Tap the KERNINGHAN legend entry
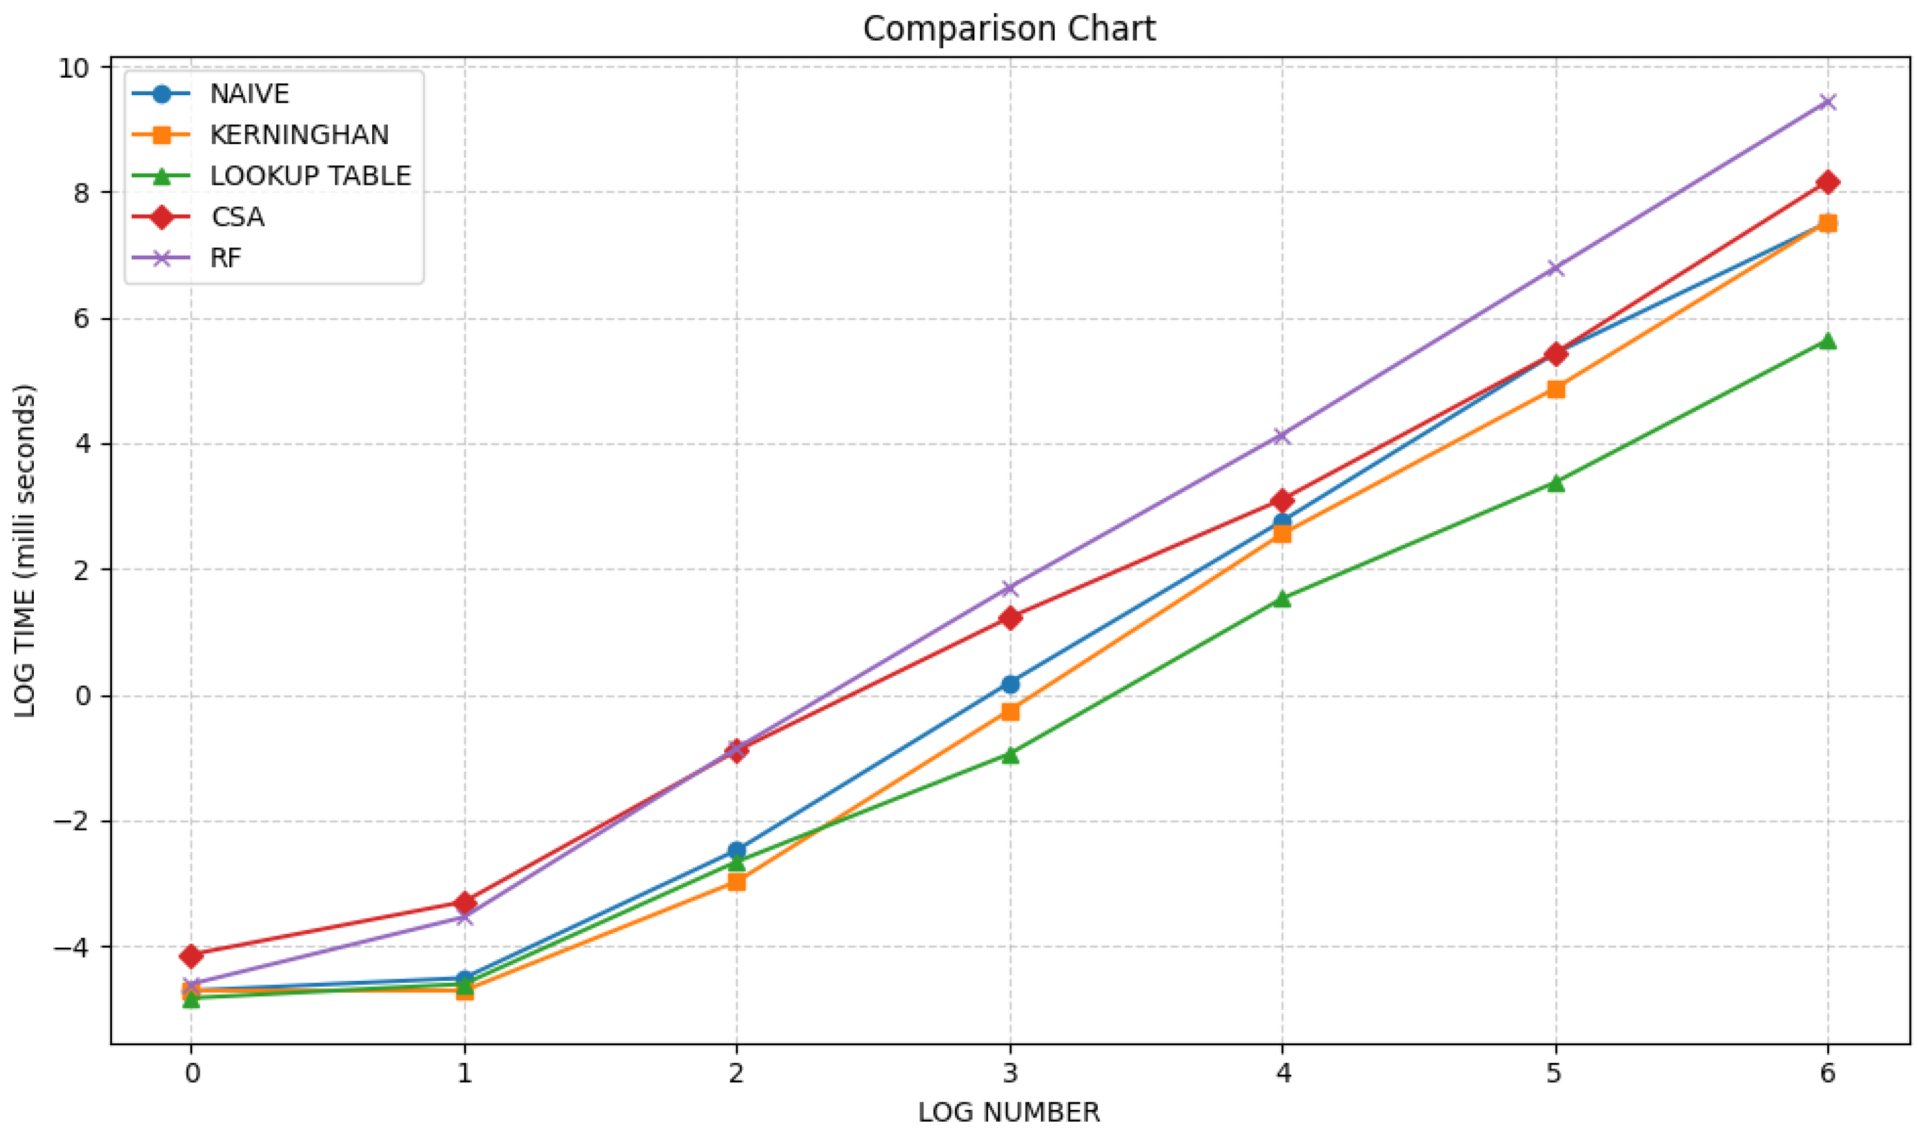click(x=300, y=135)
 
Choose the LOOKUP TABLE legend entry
click(x=310, y=177)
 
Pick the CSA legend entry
click(x=237, y=217)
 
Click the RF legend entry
click(x=226, y=258)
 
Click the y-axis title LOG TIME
click(x=25, y=550)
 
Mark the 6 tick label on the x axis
click(x=1827, y=1075)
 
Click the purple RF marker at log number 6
click(x=1827, y=101)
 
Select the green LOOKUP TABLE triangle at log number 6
click(x=1827, y=341)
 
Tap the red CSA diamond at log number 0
click(x=192, y=955)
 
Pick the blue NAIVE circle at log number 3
click(x=1010, y=684)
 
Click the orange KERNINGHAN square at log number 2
click(x=736, y=882)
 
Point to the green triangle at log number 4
click(x=1282, y=599)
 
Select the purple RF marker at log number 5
click(x=1555, y=268)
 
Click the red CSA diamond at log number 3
click(x=1010, y=618)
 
